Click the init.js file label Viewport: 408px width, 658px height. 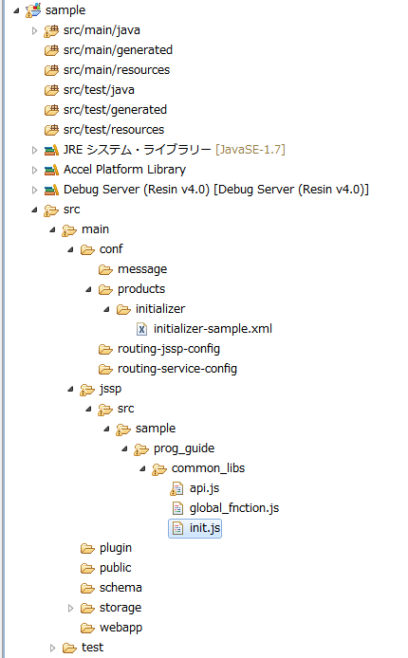coord(204,528)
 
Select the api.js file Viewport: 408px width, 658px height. coord(204,488)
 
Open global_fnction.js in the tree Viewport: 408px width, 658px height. coord(233,508)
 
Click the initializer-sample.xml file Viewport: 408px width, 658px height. coord(213,329)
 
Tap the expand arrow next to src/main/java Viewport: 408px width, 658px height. coord(34,30)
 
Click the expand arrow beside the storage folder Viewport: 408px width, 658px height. coord(70,608)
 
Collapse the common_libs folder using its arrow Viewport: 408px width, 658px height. coord(142,468)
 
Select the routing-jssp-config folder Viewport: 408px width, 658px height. coord(168,349)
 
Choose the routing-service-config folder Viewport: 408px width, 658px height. coord(177,369)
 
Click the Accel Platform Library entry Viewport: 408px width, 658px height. coord(124,170)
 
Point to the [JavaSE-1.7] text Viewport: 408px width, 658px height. coord(250,150)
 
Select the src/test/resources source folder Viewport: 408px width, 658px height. coord(113,130)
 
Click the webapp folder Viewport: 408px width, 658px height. coord(121,628)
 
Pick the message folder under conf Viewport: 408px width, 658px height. coord(142,269)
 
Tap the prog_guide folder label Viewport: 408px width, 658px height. coord(184,448)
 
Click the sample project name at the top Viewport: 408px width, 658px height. coord(65,10)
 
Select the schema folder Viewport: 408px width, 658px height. coord(121,588)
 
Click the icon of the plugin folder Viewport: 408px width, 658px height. coord(87,548)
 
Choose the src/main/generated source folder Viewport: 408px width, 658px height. coord(118,50)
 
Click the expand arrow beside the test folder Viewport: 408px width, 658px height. coord(52,648)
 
